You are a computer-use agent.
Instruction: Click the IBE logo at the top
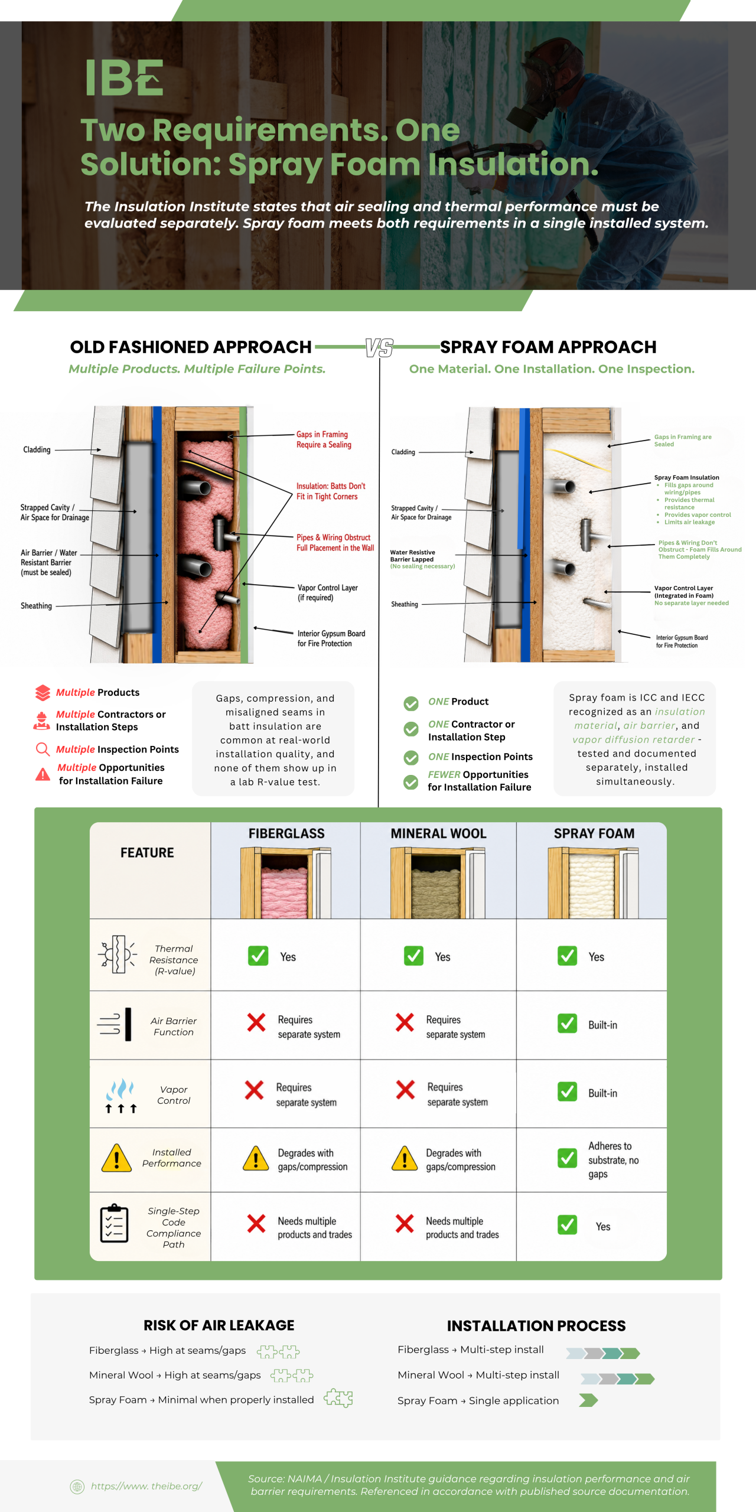124,77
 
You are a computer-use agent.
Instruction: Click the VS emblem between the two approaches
379,348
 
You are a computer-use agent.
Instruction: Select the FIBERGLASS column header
286,833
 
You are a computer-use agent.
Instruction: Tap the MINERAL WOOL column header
438,833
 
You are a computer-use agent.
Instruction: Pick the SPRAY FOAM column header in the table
594,833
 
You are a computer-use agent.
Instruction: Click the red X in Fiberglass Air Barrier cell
256,1022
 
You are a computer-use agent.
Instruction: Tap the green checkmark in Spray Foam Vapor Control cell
568,1091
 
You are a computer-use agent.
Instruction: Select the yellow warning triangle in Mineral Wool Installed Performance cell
405,1158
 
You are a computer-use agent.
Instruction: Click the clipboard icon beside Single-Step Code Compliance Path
115,1224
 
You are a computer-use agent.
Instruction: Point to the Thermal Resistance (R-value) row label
174,960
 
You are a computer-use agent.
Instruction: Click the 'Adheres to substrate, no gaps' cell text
614,1160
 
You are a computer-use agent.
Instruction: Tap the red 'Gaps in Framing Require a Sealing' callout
324,439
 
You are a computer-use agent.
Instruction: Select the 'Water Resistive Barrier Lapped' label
413,556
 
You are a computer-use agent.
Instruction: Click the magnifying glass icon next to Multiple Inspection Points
43,750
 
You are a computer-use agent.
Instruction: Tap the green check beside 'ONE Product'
411,703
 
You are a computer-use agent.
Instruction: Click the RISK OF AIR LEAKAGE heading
219,1325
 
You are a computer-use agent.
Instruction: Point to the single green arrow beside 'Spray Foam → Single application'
588,1400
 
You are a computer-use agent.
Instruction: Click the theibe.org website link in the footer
146,1486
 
